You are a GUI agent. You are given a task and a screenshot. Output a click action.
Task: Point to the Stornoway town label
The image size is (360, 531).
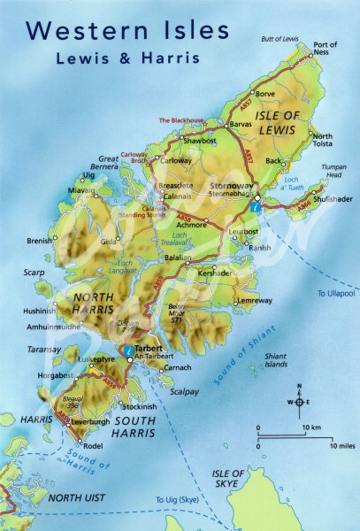233,185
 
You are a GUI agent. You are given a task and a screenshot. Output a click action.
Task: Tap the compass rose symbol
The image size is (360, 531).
299,402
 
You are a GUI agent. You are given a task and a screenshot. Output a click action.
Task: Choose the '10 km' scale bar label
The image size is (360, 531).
311,428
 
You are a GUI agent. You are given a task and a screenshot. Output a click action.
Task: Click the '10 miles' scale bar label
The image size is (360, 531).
341,446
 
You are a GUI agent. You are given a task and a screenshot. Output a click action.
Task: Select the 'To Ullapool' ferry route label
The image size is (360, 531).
337,292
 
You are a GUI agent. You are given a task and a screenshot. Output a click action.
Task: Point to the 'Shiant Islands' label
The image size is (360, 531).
276,359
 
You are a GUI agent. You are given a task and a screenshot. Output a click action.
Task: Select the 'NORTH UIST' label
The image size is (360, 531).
77,498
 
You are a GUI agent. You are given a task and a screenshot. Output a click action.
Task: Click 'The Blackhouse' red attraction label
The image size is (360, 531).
181,119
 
